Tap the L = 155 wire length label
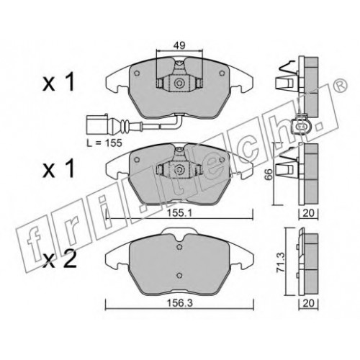pos(104,143)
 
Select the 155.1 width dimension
pos(180,212)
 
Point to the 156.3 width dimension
pos(180,303)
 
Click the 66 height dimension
pos(269,174)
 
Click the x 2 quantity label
pos(59,258)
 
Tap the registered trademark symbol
pos(341,84)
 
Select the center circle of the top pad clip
pos(179,84)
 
